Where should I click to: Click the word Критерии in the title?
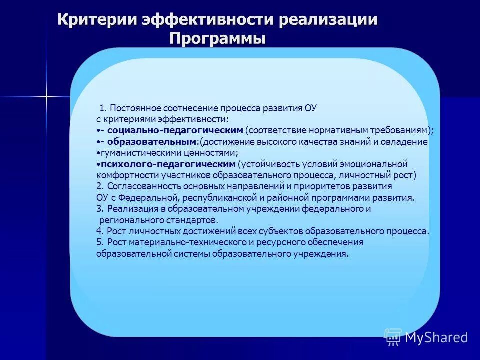[x=98, y=20]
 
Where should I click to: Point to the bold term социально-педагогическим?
[x=175, y=130]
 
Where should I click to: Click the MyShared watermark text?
[x=436, y=338]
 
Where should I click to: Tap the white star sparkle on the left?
[x=46, y=95]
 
